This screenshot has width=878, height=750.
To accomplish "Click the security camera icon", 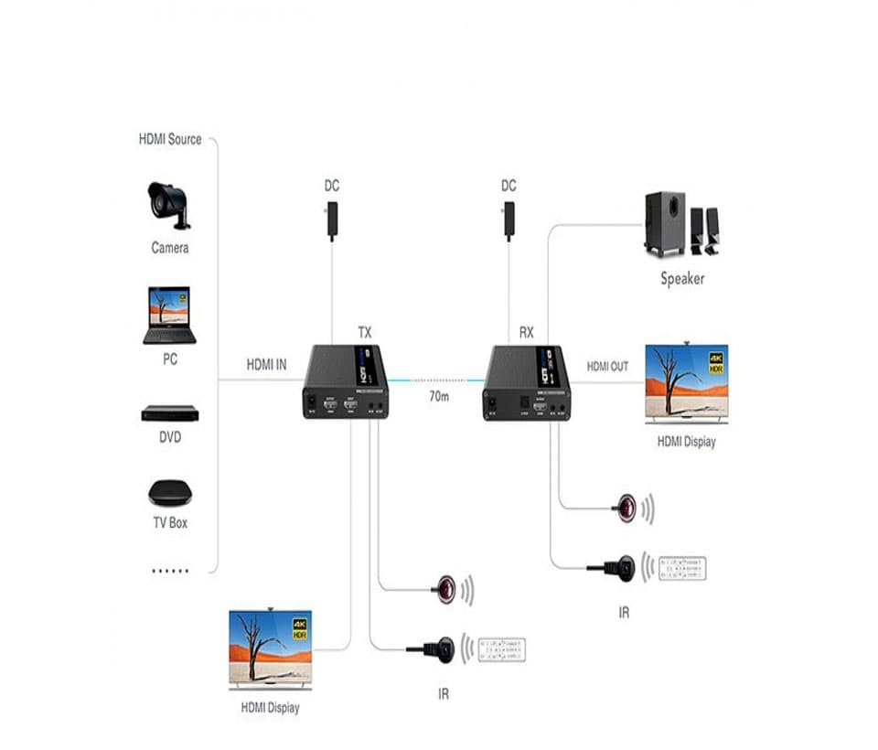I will tap(169, 204).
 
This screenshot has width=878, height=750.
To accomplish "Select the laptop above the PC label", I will tap(169, 316).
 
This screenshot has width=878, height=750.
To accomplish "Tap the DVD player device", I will tap(169, 413).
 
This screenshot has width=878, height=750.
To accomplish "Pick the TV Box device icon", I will tap(170, 492).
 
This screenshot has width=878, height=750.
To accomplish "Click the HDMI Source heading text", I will tap(170, 140).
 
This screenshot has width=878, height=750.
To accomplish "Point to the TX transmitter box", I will tap(346, 381).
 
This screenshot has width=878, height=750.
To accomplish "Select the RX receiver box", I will tap(527, 381).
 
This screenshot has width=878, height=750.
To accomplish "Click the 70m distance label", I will tap(439, 397).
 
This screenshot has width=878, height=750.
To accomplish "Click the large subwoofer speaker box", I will tap(665, 223).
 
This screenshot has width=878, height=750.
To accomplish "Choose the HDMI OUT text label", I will tap(607, 367).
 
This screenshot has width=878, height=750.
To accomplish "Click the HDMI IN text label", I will tap(266, 365).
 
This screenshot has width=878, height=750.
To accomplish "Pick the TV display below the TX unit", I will tap(270, 649).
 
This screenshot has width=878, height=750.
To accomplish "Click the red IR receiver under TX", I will tap(445, 589).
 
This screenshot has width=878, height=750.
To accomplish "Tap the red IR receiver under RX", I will tap(626, 509).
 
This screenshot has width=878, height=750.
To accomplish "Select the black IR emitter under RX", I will tap(622, 567).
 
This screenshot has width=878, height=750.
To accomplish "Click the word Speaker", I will tap(682, 278).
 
